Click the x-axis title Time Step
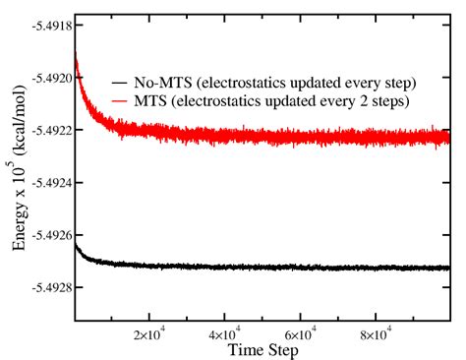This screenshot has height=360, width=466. pos(262,349)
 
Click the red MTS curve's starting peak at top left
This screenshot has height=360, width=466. pos(76,51)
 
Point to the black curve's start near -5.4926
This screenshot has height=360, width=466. pos(76,244)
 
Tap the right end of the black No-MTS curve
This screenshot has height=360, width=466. pos(448,267)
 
